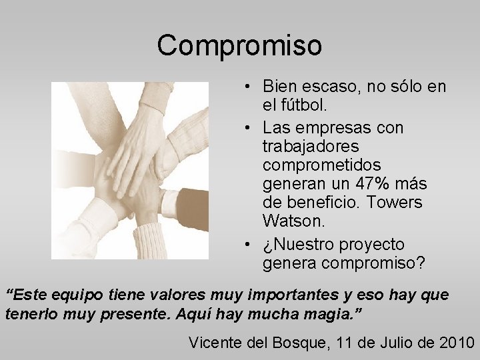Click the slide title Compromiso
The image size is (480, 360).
tap(239, 45)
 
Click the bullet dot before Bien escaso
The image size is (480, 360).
tap(247, 87)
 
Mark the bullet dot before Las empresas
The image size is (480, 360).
tap(247, 127)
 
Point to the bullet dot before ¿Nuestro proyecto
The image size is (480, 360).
tap(247, 245)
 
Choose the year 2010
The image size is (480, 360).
tap(456, 343)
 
